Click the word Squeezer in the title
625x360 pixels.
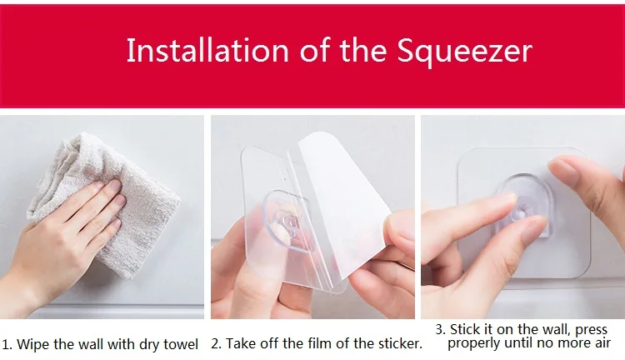point(464,51)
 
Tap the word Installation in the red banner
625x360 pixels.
point(207,50)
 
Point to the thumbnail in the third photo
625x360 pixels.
point(562,167)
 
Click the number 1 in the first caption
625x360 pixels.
point(6,344)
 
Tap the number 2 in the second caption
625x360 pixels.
point(216,343)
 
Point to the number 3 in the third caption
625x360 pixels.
point(439,330)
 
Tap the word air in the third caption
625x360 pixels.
point(602,342)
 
